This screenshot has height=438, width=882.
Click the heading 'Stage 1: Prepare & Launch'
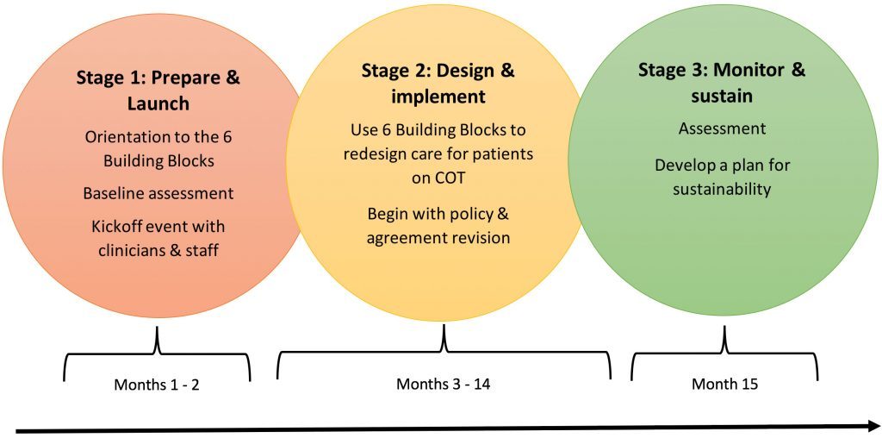(x=158, y=91)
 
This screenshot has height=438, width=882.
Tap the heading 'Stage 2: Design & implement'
(x=438, y=84)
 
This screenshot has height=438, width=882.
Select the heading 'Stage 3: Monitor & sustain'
(x=722, y=83)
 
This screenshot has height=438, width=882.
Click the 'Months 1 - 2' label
(x=157, y=385)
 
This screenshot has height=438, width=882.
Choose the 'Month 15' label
(x=724, y=384)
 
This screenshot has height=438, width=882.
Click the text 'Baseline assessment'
(x=158, y=194)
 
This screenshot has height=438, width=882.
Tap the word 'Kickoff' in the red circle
(x=116, y=227)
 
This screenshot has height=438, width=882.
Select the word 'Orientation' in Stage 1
(x=127, y=137)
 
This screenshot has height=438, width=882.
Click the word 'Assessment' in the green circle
(x=722, y=129)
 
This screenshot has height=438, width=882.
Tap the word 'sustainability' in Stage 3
(x=722, y=189)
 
